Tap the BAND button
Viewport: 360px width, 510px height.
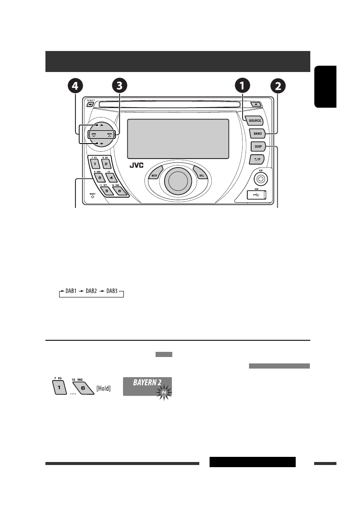[258, 133]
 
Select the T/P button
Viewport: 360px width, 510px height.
[258, 159]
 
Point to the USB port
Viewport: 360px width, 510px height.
[257, 195]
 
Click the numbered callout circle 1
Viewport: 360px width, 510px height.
[242, 86]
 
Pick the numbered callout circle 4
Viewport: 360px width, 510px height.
[75, 86]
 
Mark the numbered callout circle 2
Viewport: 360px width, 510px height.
[278, 86]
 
